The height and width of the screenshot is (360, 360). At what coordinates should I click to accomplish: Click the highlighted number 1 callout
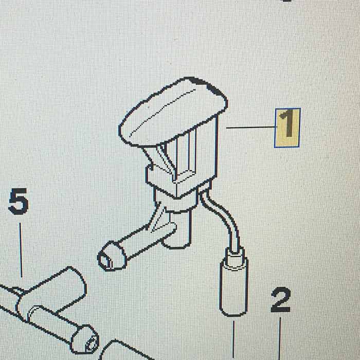[287, 128]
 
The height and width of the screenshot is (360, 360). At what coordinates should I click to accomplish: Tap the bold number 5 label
[19, 202]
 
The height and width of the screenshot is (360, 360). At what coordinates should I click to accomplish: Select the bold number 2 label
[281, 300]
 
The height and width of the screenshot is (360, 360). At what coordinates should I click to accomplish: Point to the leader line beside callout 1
[250, 127]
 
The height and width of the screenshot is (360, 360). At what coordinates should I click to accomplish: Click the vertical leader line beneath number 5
[21, 250]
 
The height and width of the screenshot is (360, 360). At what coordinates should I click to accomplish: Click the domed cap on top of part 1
[173, 112]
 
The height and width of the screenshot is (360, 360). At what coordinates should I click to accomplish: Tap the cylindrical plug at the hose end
[234, 286]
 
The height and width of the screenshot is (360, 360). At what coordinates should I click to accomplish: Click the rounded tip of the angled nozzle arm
[112, 256]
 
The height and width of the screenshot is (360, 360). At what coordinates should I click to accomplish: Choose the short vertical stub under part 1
[177, 229]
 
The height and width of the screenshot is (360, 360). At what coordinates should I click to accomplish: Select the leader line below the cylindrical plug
[233, 340]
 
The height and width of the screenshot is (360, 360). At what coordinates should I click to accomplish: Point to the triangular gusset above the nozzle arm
[158, 221]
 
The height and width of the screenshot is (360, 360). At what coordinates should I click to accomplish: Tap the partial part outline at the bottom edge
[122, 350]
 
